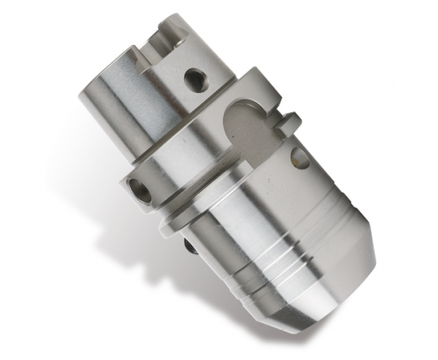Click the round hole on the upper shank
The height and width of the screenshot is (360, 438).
click(196, 80)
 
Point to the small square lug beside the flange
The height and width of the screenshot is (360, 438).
click(289, 123)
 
